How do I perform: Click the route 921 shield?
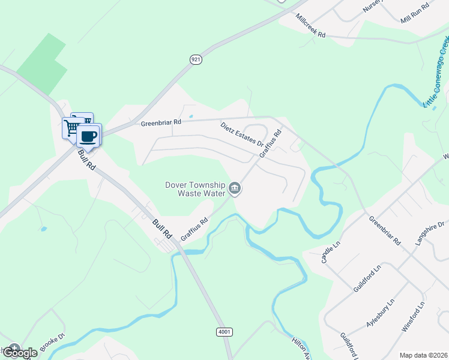[x=196, y=59]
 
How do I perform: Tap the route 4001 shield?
[x=223, y=332]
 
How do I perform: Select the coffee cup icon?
[x=89, y=136]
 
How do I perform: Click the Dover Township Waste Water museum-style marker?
[x=235, y=190]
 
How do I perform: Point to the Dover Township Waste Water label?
[x=195, y=189]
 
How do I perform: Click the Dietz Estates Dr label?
[x=241, y=134]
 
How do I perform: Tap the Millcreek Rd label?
[x=310, y=25]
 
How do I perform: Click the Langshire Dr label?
[x=430, y=235]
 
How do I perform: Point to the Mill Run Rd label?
[x=415, y=14]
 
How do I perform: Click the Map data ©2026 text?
[x=423, y=355]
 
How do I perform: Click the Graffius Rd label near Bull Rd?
[x=194, y=229]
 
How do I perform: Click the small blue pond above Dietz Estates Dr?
[x=191, y=116]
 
